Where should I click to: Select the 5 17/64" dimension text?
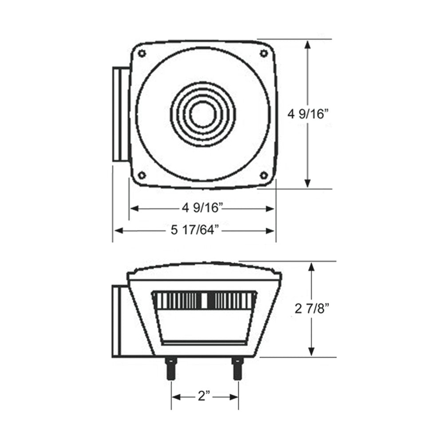(195, 230)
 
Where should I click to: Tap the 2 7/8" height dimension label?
(312, 309)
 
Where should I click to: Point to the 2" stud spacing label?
(204, 396)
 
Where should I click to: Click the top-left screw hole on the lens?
(142, 53)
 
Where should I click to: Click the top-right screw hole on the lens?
(264, 53)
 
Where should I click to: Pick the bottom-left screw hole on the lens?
(142, 175)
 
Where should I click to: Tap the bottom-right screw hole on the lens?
(264, 175)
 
